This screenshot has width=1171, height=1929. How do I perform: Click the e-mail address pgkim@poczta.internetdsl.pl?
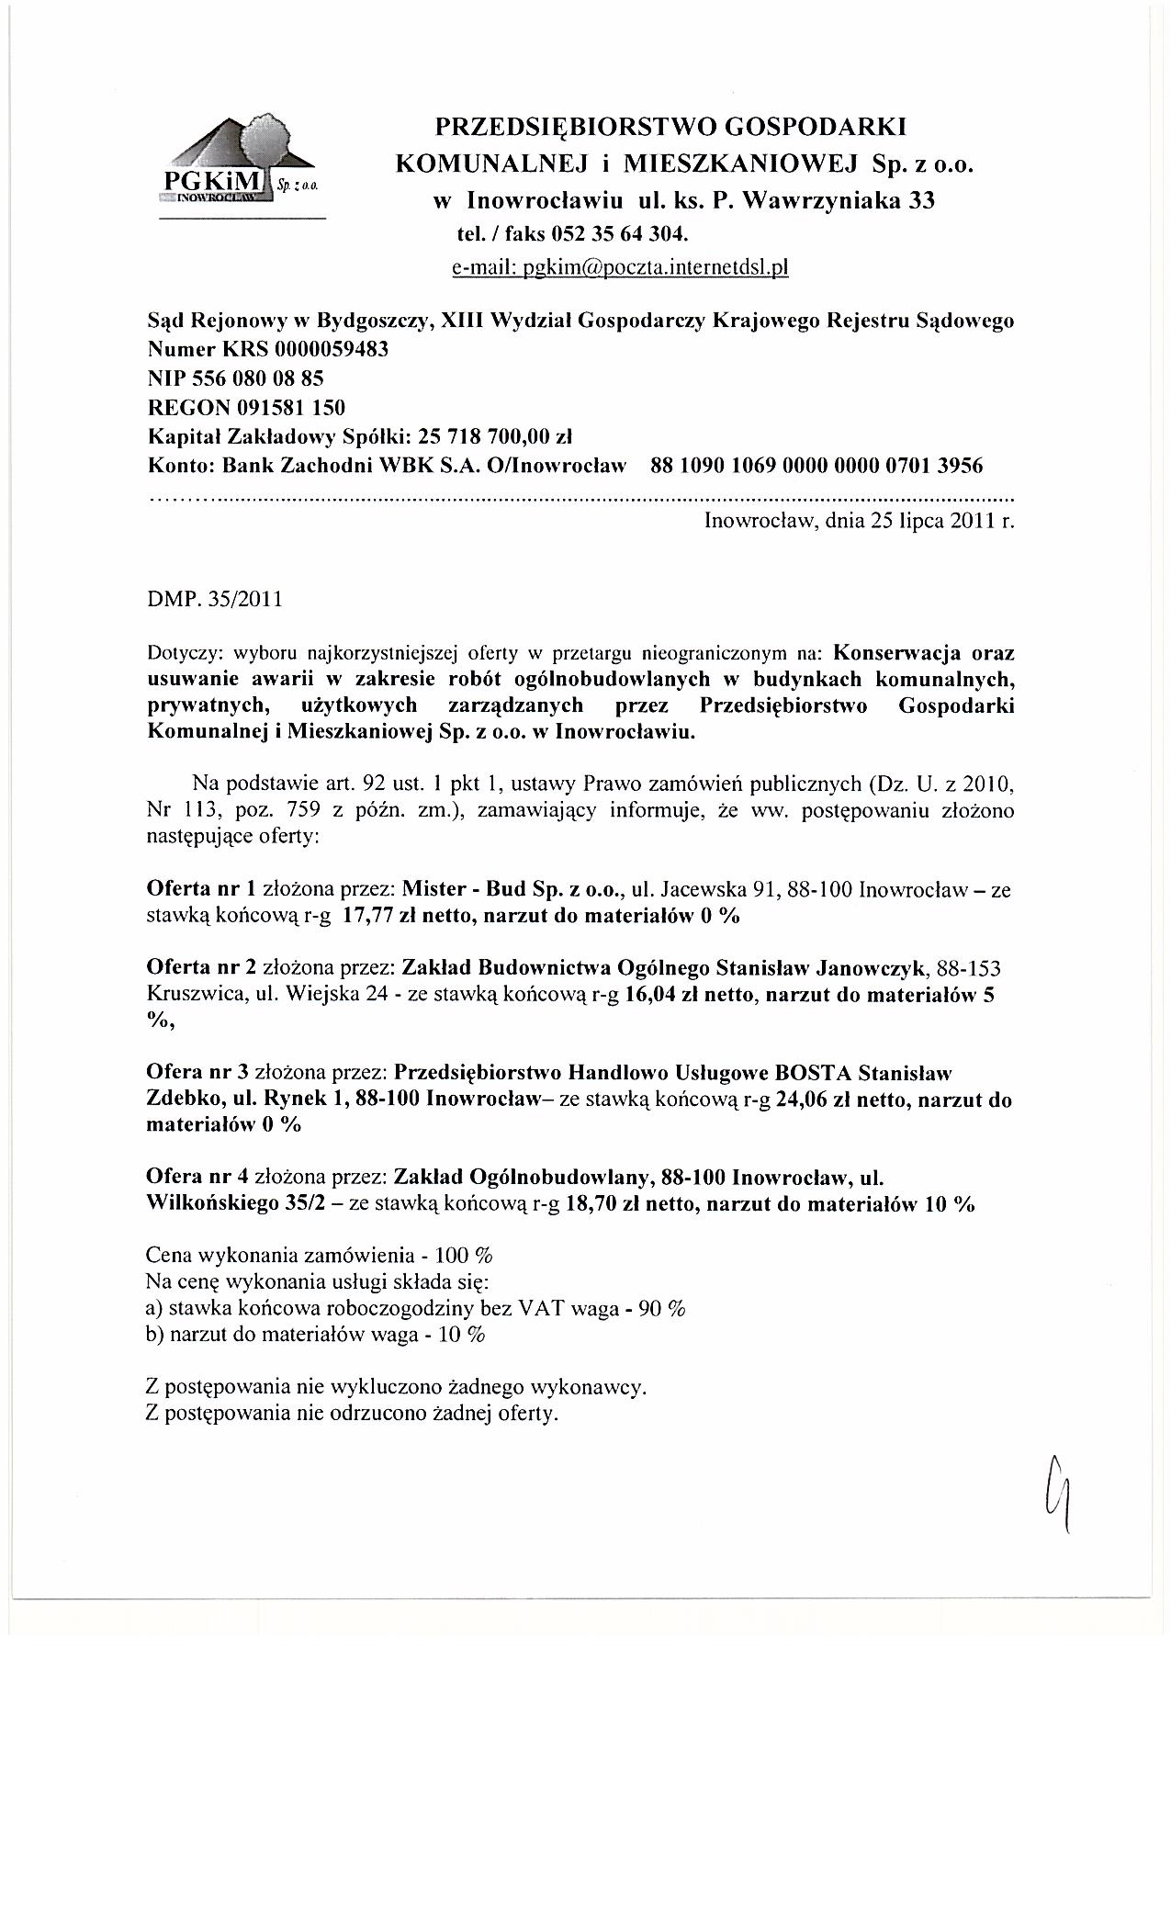[620, 267]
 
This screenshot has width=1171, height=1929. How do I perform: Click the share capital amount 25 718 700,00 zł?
[495, 435]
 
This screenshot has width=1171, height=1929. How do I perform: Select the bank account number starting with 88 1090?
[816, 465]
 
